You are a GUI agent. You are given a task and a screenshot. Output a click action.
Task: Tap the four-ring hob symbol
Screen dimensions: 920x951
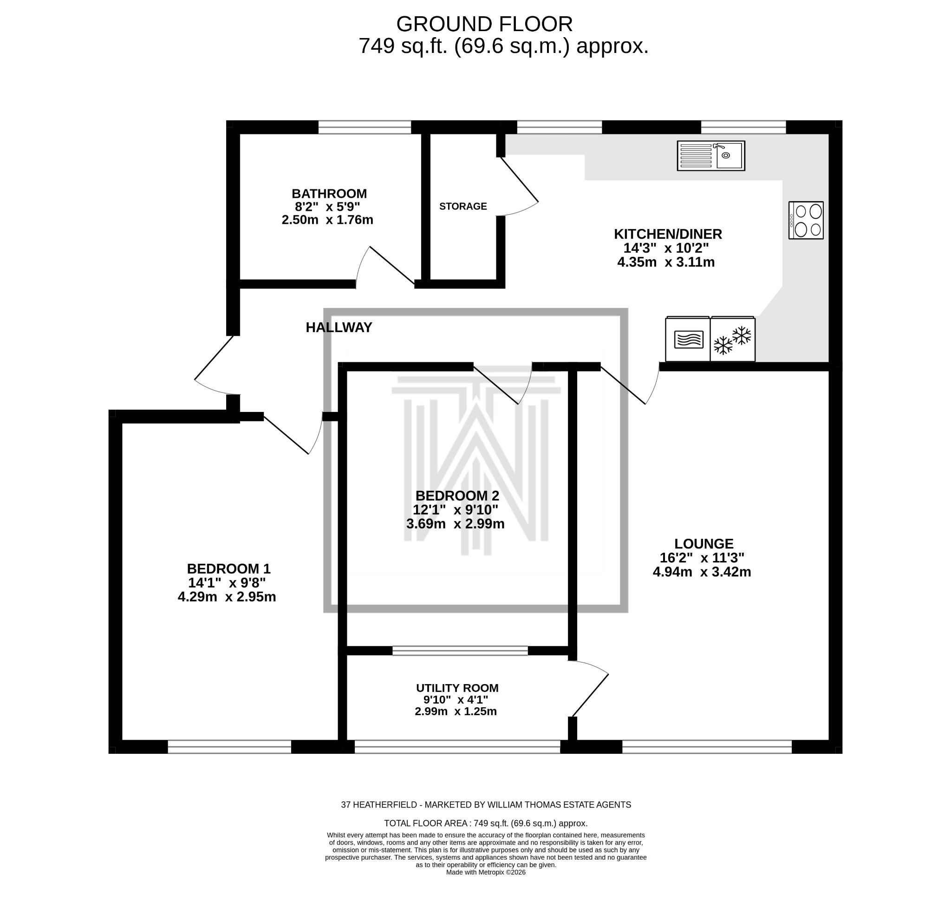(806, 220)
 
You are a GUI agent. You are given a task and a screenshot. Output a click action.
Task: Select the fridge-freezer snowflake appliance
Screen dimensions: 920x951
(732, 339)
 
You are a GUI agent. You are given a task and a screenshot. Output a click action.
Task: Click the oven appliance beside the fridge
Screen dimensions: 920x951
(688, 339)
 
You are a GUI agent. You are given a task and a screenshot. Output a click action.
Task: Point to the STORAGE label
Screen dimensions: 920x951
(463, 206)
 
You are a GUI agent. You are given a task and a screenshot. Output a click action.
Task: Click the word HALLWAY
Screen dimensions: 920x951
(339, 327)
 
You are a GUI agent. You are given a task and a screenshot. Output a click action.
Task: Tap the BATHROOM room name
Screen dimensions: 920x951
(329, 194)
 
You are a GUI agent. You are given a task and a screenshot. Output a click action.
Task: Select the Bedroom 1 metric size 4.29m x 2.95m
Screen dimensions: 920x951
(227, 597)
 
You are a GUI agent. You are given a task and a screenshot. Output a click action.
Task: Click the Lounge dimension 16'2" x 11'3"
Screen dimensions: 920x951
(702, 558)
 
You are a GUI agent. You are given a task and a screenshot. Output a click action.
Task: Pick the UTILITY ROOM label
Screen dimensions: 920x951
(457, 688)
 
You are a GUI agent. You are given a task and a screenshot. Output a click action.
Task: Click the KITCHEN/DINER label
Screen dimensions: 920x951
(668, 234)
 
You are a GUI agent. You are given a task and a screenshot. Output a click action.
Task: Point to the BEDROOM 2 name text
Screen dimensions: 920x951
(457, 496)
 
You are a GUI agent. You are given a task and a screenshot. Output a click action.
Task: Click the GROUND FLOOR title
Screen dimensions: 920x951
(484, 24)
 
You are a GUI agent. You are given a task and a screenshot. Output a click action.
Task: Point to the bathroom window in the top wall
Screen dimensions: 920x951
(365, 127)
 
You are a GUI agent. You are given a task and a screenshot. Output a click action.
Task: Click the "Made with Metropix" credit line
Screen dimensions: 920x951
(485, 872)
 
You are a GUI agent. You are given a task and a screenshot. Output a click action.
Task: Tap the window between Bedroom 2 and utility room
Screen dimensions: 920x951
(460, 651)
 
